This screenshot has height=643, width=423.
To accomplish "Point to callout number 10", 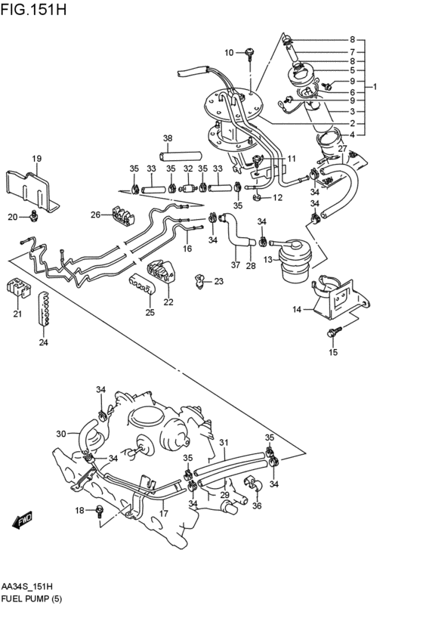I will (x=230, y=52).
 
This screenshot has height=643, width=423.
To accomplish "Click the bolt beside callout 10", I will (x=249, y=52).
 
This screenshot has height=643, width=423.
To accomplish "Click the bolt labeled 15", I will (x=335, y=330).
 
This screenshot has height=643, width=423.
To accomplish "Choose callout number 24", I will (x=43, y=342).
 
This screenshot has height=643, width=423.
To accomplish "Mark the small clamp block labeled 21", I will (x=16, y=288).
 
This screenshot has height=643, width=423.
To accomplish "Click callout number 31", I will (x=223, y=441).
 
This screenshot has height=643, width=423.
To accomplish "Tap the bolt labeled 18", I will (x=100, y=512).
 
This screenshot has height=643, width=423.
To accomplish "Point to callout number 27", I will (x=342, y=149).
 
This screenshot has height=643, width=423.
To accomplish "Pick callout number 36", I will (x=257, y=506).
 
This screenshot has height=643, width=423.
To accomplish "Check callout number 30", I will (x=61, y=434).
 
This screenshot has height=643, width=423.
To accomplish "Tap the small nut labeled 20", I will (x=32, y=218).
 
